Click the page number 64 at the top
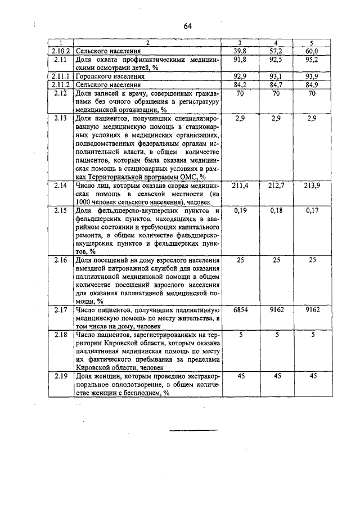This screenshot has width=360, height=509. (x=187, y=26)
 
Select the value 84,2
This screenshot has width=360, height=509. (x=241, y=84)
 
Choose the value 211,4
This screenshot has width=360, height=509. (x=240, y=186)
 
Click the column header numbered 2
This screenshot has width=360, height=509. (x=148, y=43)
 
